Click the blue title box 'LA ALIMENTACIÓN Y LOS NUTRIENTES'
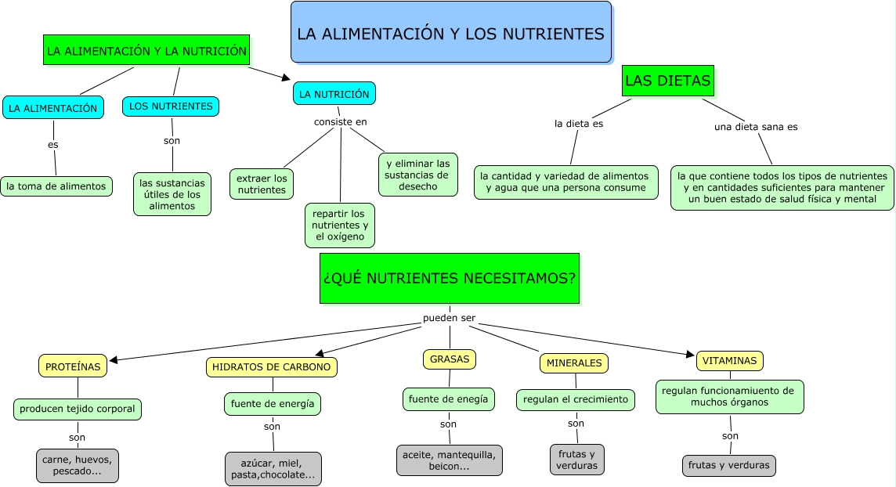[450, 32]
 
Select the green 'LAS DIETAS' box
[668, 81]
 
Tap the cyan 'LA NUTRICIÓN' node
[334, 94]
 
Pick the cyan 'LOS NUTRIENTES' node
[171, 106]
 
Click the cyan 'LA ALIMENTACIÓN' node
[53, 108]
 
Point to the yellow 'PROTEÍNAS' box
[73, 366]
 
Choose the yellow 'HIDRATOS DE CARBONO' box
[273, 366]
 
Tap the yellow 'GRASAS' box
[450, 359]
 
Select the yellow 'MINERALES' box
[574, 363]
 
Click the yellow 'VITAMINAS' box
[729, 361]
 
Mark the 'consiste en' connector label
[340, 121]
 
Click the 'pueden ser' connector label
[449, 318]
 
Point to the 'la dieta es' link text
[579, 123]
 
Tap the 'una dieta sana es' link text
[756, 126]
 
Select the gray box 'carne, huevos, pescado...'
[77, 466]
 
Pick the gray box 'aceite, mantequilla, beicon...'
[449, 460]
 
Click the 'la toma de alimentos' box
[56, 186]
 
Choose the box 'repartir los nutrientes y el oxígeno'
[339, 225]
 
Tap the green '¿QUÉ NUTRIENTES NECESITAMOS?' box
[450, 278]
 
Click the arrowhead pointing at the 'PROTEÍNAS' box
[114, 360]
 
